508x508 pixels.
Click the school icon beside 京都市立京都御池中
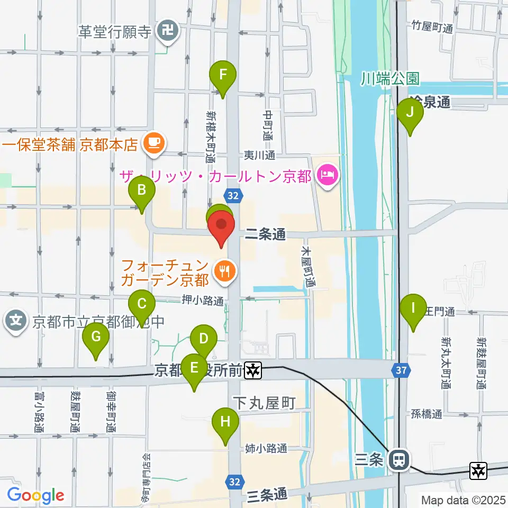[16, 321]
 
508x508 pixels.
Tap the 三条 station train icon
[397, 460]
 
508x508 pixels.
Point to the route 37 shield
[402, 370]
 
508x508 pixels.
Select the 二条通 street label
[266, 235]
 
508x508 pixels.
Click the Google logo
[36, 496]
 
